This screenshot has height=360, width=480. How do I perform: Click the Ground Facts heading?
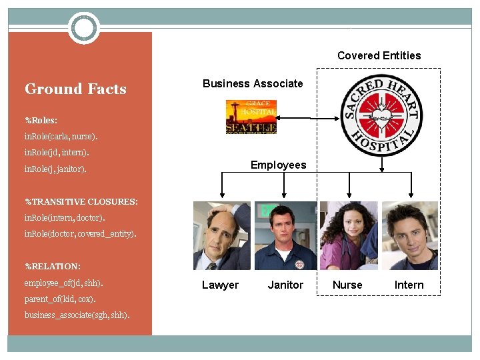tap(75, 89)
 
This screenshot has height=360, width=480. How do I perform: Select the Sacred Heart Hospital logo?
tap(381, 115)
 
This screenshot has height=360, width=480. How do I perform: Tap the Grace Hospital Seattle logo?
tap(251, 117)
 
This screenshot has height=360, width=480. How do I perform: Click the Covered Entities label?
tap(379, 55)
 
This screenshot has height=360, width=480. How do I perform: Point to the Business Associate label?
tap(253, 83)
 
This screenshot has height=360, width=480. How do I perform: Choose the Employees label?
tap(278, 165)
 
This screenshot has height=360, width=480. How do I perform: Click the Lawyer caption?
tap(220, 285)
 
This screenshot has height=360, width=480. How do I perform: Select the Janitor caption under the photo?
tap(285, 285)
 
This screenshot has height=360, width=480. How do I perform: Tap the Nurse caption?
tap(347, 285)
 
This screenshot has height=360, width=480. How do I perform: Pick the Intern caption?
tap(409, 285)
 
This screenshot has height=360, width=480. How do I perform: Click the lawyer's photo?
tap(221, 235)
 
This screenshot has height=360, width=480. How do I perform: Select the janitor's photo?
tap(285, 235)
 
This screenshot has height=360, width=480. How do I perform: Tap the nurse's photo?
tap(348, 235)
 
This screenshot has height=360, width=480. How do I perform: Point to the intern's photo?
tap(410, 235)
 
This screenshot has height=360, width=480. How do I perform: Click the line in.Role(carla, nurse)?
tap(61, 137)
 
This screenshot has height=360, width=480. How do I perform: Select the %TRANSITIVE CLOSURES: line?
tap(81, 201)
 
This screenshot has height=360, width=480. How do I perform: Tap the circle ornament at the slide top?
tap(84, 28)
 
